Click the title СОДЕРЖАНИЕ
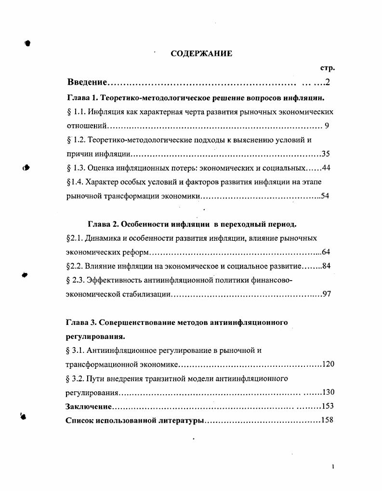pyautogui.click(x=201, y=53)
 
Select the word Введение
pyautogui.click(x=87, y=82)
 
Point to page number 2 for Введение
pyautogui.click(x=328, y=82)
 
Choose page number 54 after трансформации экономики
pyautogui.click(x=325, y=196)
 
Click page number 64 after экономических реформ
pyautogui.click(x=326, y=252)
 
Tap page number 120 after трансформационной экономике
pyautogui.click(x=328, y=364)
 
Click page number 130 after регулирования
pyautogui.click(x=328, y=392)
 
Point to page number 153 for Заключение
pyautogui.click(x=328, y=406)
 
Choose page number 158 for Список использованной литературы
pyautogui.click(x=328, y=420)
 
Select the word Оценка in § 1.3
pyautogui.click(x=98, y=168)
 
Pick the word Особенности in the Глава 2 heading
pyautogui.click(x=143, y=224)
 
